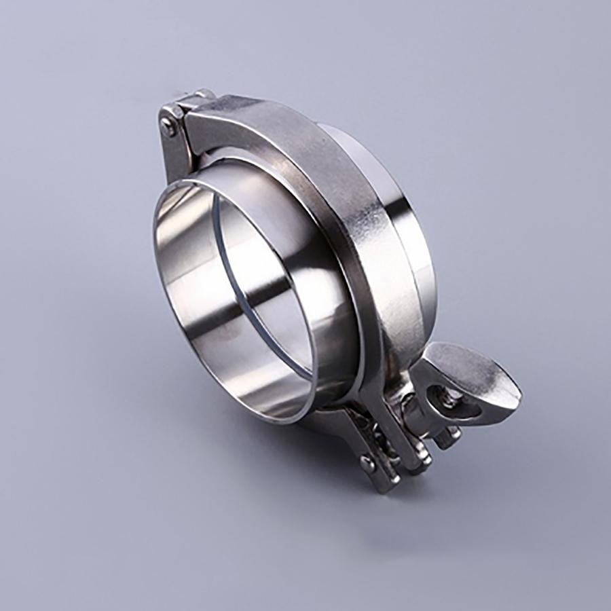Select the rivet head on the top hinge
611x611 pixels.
[x=168, y=124]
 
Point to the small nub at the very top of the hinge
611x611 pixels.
[x=203, y=92]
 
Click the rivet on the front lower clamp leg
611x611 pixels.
[x=367, y=463]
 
